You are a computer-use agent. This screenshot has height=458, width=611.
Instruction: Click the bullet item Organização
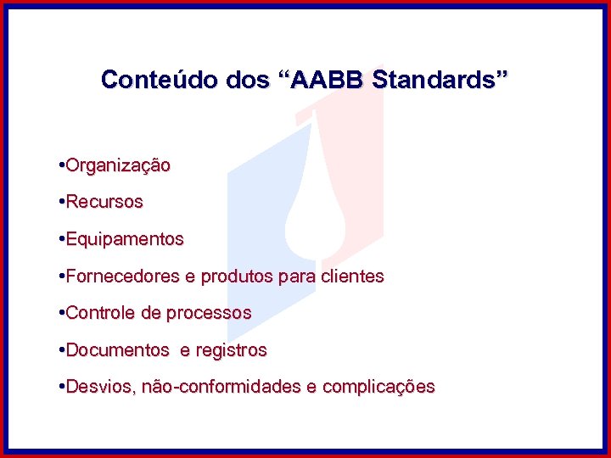[x=118, y=165]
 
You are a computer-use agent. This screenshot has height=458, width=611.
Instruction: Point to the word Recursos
[x=104, y=203]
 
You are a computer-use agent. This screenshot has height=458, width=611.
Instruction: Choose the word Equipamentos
[x=124, y=239]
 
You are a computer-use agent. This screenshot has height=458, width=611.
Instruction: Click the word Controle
[x=100, y=313]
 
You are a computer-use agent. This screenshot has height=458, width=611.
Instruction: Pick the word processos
[x=209, y=313]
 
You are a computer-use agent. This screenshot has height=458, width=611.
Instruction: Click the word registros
[x=232, y=349]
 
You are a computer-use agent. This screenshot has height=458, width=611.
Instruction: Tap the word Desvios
[x=99, y=387]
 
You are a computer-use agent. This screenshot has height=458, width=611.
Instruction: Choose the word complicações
[x=380, y=387]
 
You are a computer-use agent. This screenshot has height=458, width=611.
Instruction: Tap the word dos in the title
[x=245, y=80]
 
